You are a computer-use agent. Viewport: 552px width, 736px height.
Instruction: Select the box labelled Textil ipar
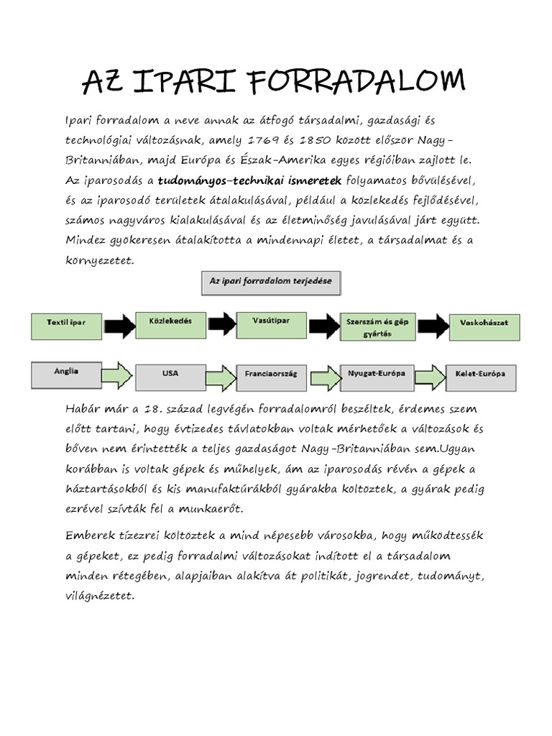tap(66, 325)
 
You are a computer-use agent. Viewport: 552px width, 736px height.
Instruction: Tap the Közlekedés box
tap(170, 324)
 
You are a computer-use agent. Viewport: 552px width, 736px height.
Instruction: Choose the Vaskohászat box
tap(483, 326)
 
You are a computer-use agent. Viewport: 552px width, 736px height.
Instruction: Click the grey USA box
tap(170, 375)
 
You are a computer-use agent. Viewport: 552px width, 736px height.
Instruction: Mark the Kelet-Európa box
tap(480, 376)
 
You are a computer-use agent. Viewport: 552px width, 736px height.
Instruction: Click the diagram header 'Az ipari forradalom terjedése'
tap(271, 282)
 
